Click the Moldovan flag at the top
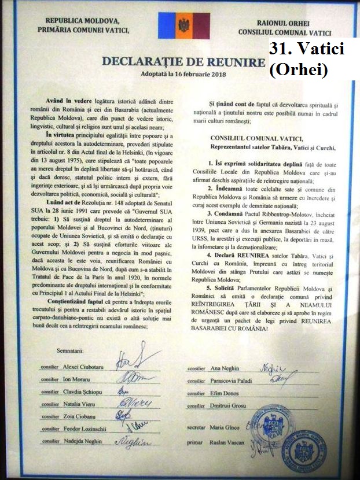(184, 25)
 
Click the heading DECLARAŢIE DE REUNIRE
(180, 61)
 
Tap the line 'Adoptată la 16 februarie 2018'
(180, 75)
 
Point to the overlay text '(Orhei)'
(299, 69)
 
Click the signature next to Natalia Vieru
(135, 402)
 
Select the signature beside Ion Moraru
(133, 378)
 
